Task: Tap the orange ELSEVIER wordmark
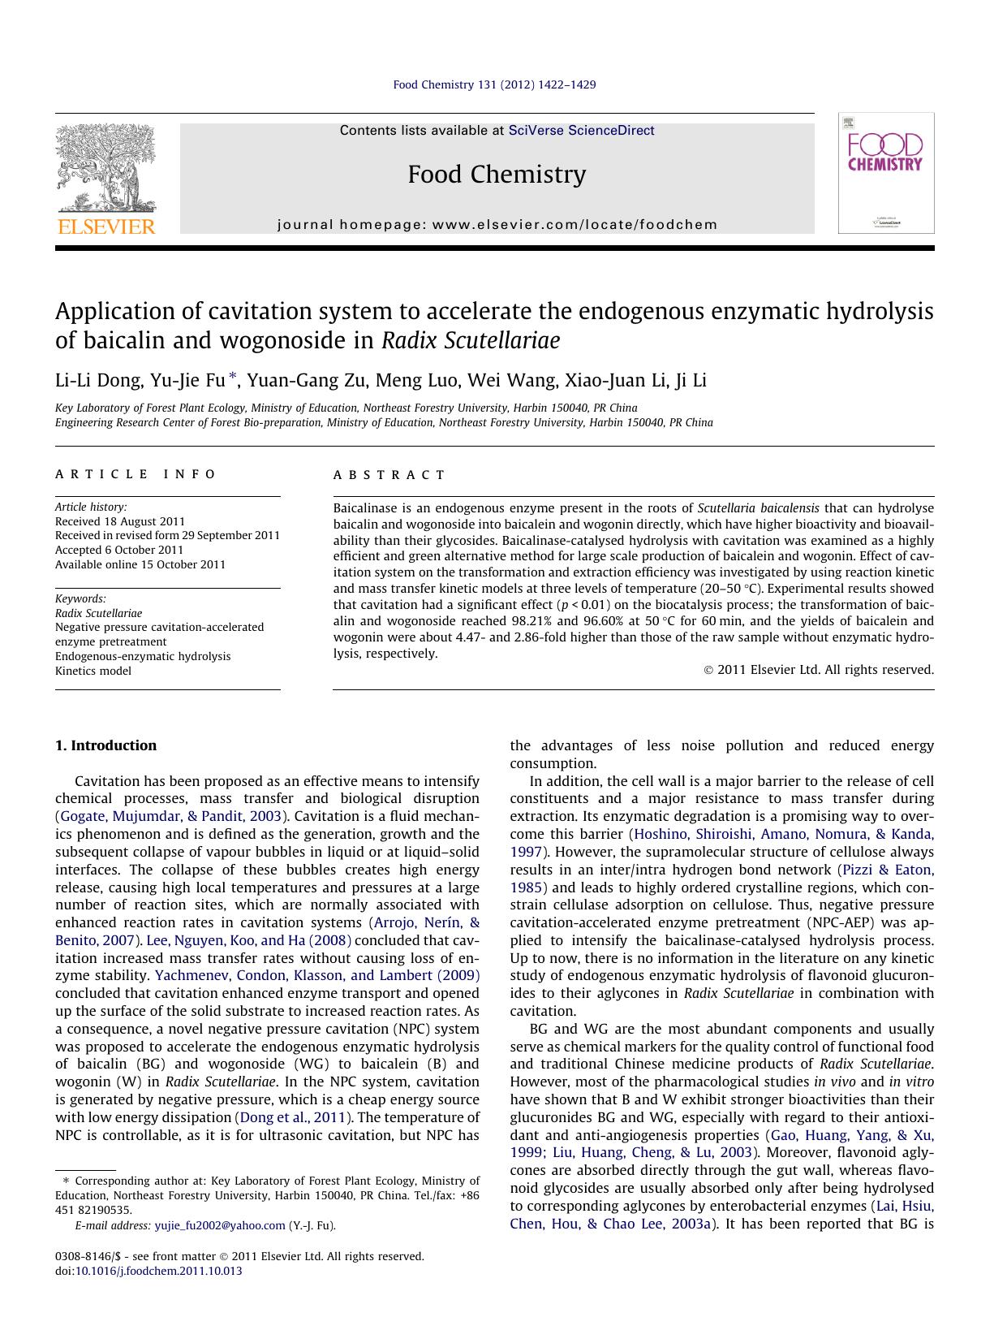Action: pyautogui.click(x=105, y=227)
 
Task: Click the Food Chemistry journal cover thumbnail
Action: pyautogui.click(x=885, y=173)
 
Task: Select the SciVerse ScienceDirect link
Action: pyautogui.click(x=581, y=131)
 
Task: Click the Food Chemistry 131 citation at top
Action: pyautogui.click(x=494, y=84)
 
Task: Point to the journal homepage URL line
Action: pyautogui.click(x=497, y=225)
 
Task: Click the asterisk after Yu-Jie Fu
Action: pyautogui.click(x=233, y=376)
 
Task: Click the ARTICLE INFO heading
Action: pyautogui.click(x=136, y=474)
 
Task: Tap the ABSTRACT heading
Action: pyautogui.click(x=389, y=475)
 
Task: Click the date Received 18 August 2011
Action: pyautogui.click(x=120, y=521)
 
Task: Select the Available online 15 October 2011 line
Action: pyautogui.click(x=140, y=564)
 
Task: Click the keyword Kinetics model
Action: pyautogui.click(x=93, y=671)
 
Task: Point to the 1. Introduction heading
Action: pyautogui.click(x=105, y=745)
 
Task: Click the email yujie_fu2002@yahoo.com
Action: pyautogui.click(x=220, y=1225)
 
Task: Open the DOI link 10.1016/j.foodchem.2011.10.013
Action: pyautogui.click(x=159, y=1271)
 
